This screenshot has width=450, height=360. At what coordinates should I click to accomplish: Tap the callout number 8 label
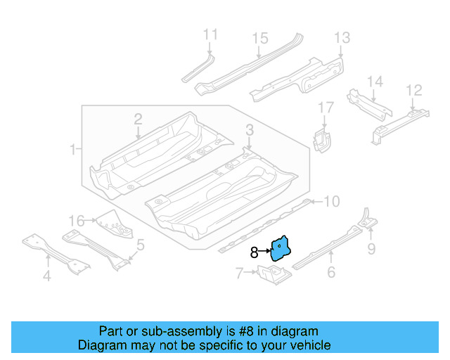(254, 252)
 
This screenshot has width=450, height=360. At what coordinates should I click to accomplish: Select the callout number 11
(210, 34)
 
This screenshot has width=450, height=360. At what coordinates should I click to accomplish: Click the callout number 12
(414, 89)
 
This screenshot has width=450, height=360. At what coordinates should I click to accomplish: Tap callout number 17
(326, 108)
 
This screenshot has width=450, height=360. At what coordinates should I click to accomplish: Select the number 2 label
(138, 120)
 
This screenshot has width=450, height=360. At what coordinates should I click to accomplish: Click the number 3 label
(250, 129)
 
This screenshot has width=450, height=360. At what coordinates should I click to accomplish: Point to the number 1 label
(73, 149)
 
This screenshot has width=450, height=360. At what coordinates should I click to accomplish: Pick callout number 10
(330, 202)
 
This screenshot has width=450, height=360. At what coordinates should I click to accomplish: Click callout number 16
(77, 220)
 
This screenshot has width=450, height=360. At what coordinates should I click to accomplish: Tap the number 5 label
(141, 245)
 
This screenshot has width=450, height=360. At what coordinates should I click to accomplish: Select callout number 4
(46, 276)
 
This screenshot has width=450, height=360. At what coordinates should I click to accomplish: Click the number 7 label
(239, 271)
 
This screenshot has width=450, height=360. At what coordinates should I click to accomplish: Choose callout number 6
(330, 273)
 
